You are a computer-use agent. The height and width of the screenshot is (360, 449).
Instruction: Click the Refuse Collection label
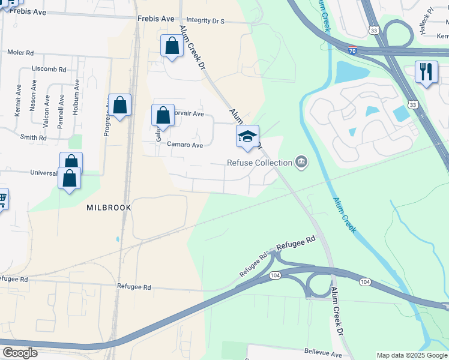(259, 162)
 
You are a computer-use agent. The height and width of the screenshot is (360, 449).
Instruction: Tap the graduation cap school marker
(247, 137)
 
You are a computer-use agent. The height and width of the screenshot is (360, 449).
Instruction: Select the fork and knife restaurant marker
(426, 73)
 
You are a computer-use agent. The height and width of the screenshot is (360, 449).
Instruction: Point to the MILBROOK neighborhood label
(109, 207)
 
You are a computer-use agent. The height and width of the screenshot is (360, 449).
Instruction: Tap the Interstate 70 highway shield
(353, 52)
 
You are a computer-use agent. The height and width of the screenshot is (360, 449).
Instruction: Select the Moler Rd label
(20, 52)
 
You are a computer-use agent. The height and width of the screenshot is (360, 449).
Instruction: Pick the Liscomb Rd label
(45, 70)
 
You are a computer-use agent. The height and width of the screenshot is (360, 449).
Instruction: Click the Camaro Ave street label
(185, 145)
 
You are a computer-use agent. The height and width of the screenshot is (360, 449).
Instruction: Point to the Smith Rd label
(33, 137)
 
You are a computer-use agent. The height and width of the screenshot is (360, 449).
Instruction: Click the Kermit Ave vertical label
(18, 100)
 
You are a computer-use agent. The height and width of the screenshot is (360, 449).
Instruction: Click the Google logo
(20, 352)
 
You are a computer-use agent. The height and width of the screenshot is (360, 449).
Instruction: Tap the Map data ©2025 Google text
(412, 355)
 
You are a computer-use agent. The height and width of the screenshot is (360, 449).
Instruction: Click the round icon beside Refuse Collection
(301, 161)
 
